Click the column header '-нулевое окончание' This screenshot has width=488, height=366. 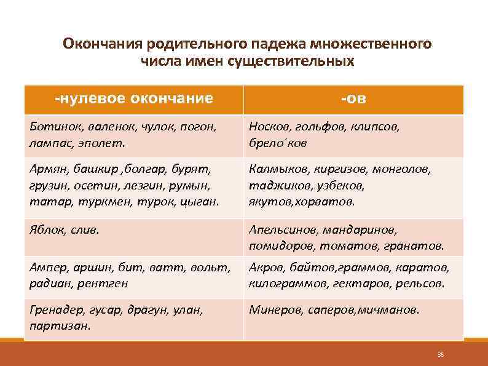133,99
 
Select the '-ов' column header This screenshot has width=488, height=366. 353,99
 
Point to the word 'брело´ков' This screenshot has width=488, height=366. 278,143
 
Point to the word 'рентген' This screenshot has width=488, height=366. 108,284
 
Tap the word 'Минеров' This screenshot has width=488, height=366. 274,310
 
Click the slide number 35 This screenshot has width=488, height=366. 440,355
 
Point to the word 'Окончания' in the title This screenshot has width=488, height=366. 101,45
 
